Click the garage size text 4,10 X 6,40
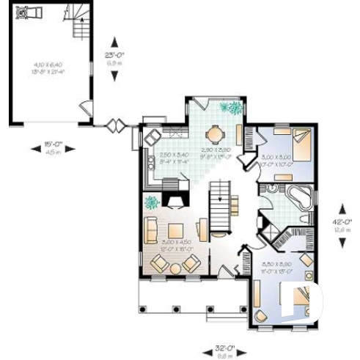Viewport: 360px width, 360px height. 45,67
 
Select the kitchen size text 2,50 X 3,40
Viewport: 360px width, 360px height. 175,156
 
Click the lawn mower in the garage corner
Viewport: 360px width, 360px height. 30,12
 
